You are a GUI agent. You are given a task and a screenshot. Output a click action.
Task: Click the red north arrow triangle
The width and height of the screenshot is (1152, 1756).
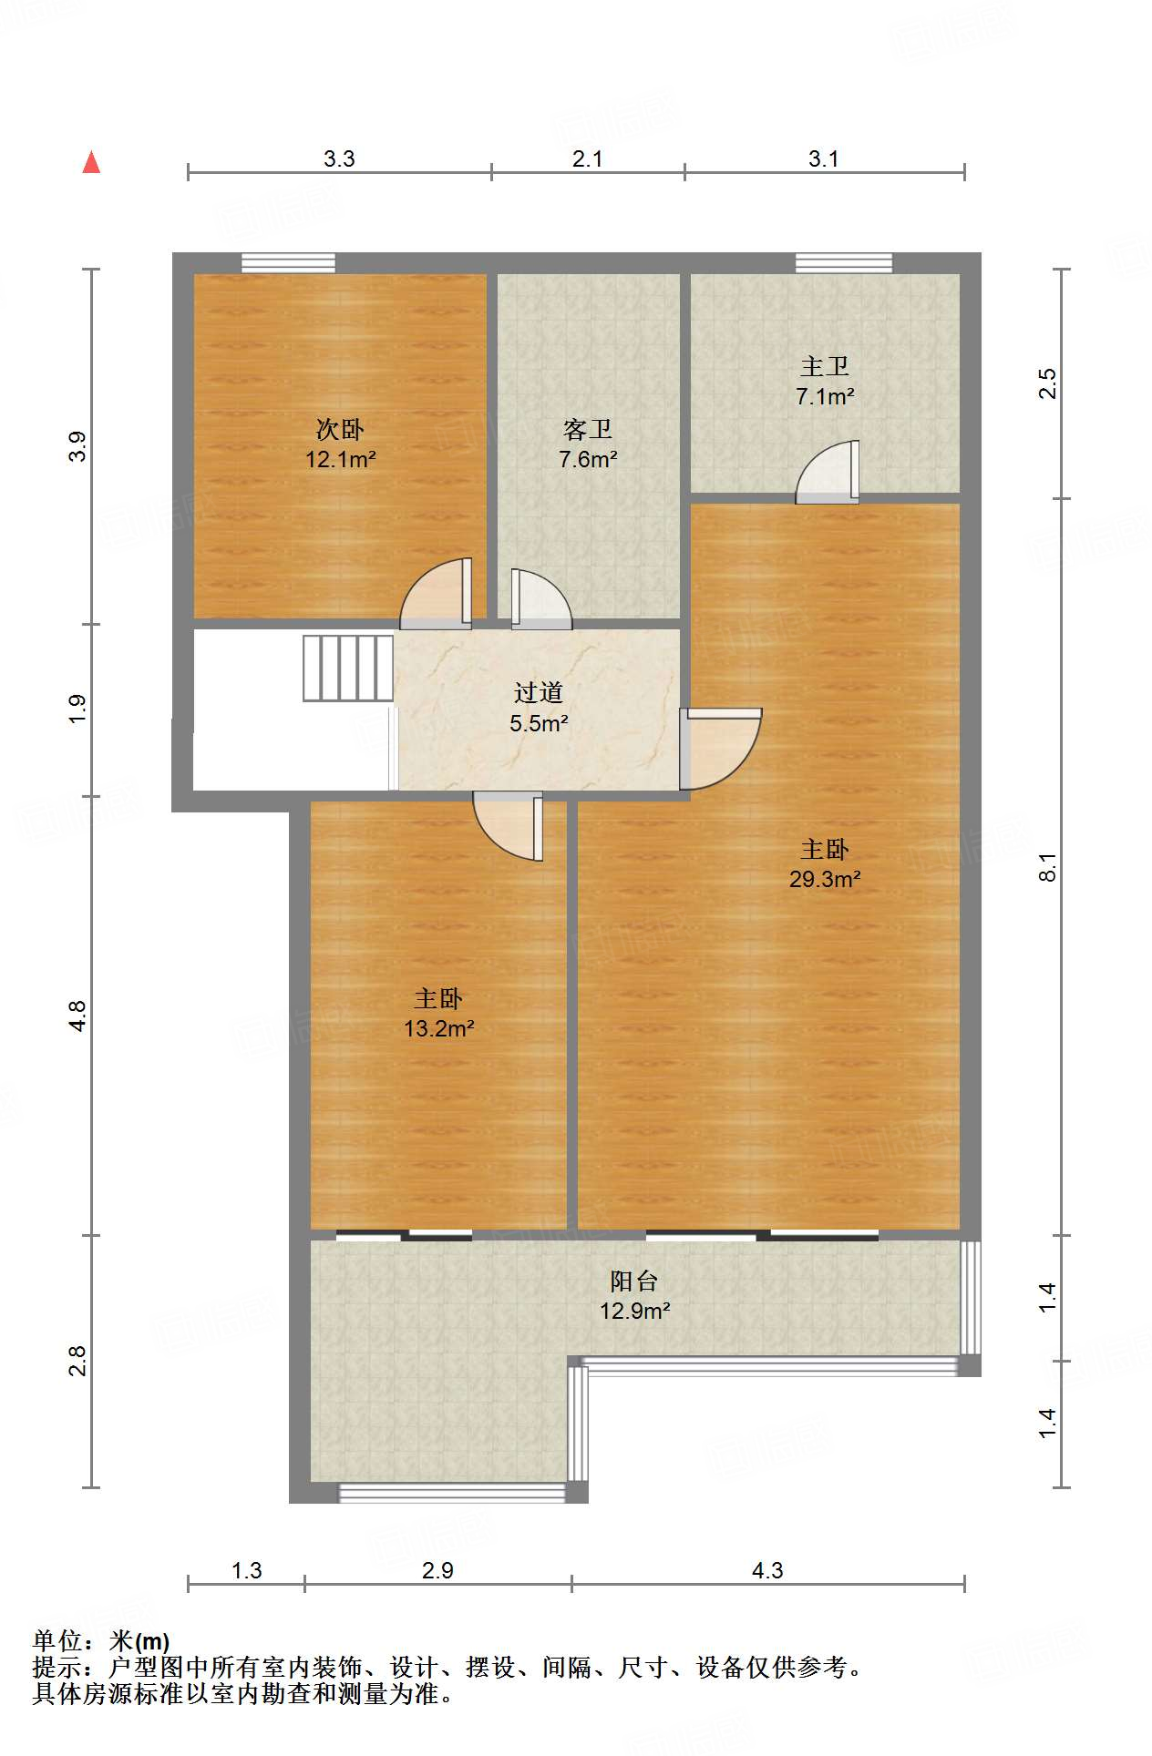click(x=91, y=162)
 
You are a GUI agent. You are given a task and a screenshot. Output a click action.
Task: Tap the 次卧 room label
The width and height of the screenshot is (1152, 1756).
click(x=340, y=429)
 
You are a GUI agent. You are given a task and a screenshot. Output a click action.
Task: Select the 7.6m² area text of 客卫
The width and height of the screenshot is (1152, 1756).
click(x=588, y=460)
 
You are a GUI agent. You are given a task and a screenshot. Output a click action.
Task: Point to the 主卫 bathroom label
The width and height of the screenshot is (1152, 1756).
click(x=825, y=366)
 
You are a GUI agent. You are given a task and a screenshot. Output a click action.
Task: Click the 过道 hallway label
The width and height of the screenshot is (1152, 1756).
click(x=539, y=693)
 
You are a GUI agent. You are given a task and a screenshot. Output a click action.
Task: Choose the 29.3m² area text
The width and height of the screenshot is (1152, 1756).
click(x=825, y=879)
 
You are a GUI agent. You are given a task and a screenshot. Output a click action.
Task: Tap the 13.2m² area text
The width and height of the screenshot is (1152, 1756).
click(x=438, y=1028)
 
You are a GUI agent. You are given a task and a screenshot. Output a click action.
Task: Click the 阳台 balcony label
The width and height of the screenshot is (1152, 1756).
click(x=634, y=1281)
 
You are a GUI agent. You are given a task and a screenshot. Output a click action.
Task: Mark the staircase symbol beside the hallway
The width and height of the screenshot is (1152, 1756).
click(x=348, y=669)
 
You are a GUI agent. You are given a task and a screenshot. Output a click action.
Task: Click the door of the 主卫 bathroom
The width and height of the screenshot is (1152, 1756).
click(x=828, y=472)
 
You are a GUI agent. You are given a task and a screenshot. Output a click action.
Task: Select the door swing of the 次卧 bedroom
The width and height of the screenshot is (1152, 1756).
click(x=437, y=593)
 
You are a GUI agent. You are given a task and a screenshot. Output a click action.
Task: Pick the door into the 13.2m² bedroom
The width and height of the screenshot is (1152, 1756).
click(x=508, y=826)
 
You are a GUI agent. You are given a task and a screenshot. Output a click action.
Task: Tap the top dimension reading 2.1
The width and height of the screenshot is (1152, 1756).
click(x=588, y=158)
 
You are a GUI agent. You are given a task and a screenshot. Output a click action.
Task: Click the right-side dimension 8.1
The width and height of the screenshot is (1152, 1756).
click(x=1048, y=867)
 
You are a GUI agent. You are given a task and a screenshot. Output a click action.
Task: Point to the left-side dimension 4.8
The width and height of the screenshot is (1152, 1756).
click(x=77, y=1016)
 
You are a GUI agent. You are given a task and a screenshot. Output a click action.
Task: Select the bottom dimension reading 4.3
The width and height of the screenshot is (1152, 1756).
click(x=767, y=1570)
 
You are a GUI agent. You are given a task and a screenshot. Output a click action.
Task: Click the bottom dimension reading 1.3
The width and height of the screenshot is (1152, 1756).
click(x=246, y=1570)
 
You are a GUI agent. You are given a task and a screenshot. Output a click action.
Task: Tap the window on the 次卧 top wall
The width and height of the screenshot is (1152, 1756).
click(x=288, y=263)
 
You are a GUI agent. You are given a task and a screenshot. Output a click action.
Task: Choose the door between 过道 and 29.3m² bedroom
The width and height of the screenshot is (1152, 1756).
click(x=720, y=749)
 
